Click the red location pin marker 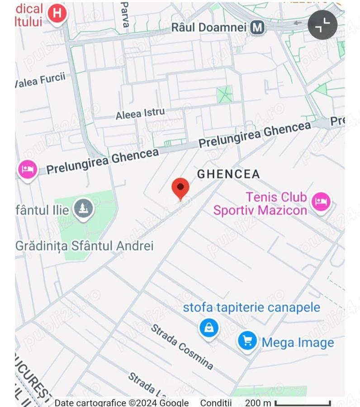coord(180,188)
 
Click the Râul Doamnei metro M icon coord(257,27)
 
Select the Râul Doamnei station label coord(209,27)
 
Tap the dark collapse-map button coord(322,25)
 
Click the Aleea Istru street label coord(140,114)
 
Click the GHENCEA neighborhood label coord(228,174)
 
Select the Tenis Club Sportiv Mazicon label coord(260,203)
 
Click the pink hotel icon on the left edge coord(28,170)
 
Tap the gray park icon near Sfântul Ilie coord(83,209)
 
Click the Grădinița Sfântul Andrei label coord(85,246)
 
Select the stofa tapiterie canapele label coord(251,308)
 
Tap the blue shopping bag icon coord(209,328)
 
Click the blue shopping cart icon coord(247,341)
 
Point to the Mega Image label coord(298,343)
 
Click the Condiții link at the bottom coord(216,402)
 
